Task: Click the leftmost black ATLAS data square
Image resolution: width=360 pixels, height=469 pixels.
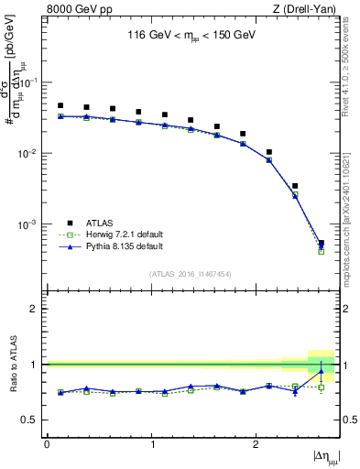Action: (x=60, y=106)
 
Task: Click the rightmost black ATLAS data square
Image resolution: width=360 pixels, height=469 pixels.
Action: (x=321, y=243)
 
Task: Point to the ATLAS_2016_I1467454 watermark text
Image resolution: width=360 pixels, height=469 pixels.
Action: (x=189, y=274)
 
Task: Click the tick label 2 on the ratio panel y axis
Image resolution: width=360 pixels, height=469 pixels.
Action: (x=37, y=309)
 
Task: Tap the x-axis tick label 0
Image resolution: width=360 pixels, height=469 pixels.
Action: (x=47, y=444)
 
